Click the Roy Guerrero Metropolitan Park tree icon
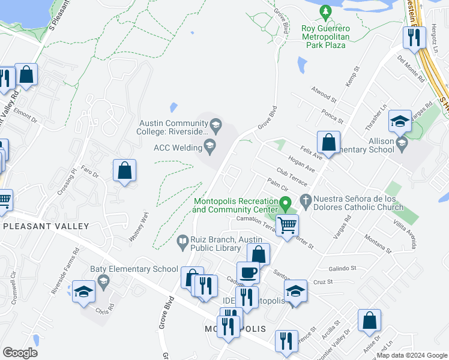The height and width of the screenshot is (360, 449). point(325,11)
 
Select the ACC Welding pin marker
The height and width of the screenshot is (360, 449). point(210,144)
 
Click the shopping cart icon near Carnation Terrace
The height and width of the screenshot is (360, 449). point(288,226)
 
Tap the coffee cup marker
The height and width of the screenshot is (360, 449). point(248,272)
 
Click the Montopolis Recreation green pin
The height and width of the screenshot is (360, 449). point(287,204)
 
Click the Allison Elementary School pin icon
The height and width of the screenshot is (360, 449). point(402,144)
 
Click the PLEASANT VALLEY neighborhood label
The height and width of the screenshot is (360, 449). point(46,226)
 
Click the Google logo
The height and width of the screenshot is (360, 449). point(20,353)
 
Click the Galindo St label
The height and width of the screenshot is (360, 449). point(343,268)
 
